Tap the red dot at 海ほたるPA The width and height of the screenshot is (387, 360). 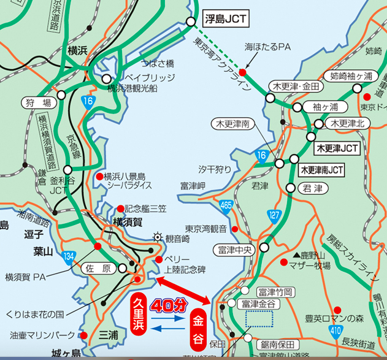242,72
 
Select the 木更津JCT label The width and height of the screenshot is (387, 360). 337,148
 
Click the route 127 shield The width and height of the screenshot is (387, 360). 274,215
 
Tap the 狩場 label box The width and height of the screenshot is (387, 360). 38,102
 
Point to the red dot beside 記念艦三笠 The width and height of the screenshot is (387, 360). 120,209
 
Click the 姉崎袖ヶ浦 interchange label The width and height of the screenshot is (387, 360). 351,77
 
